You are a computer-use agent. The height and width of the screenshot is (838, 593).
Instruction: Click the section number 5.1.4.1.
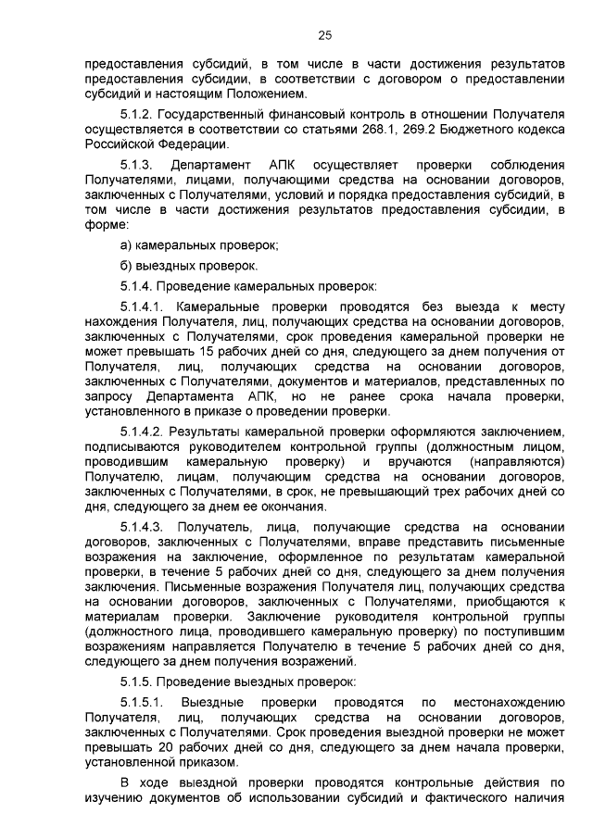click(142, 306)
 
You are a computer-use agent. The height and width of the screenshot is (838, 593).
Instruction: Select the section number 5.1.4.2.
click(142, 432)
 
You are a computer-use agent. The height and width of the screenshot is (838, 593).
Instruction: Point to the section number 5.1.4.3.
click(142, 528)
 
